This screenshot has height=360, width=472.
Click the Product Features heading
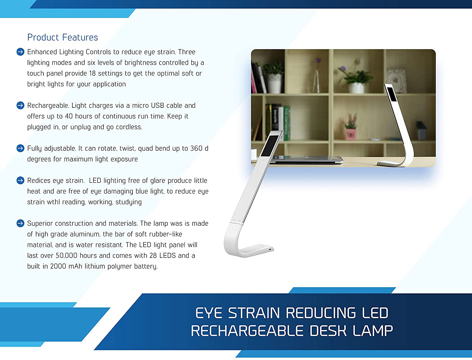click(63, 37)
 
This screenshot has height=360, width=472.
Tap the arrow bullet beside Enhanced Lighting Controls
click(20, 52)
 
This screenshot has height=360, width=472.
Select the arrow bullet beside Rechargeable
click(20, 105)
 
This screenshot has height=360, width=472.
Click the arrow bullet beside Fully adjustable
click(20, 148)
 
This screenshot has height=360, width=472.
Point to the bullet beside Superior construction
click(20, 223)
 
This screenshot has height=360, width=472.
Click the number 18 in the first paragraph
click(92, 73)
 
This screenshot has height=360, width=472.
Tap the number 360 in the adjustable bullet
click(196, 148)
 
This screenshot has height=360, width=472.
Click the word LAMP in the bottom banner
click(373, 330)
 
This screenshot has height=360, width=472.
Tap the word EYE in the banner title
click(209, 313)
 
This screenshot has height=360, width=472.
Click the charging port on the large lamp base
click(270, 250)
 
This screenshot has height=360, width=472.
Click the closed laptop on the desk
click(307, 160)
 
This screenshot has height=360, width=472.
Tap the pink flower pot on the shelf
click(351, 134)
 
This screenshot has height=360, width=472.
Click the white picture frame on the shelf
click(397, 80)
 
